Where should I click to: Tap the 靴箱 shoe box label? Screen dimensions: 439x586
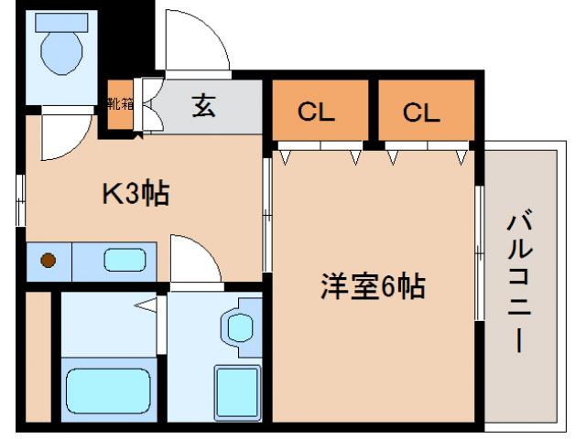(x=120, y=102)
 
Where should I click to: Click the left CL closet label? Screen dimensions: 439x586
(x=318, y=112)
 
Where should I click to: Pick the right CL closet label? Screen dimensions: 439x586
(x=422, y=112)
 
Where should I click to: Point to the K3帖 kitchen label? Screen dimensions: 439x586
(x=135, y=194)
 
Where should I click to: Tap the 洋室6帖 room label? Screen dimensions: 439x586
(x=372, y=287)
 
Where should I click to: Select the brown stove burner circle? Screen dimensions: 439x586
(x=49, y=261)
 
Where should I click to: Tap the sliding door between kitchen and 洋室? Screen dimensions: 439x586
(x=266, y=215)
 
